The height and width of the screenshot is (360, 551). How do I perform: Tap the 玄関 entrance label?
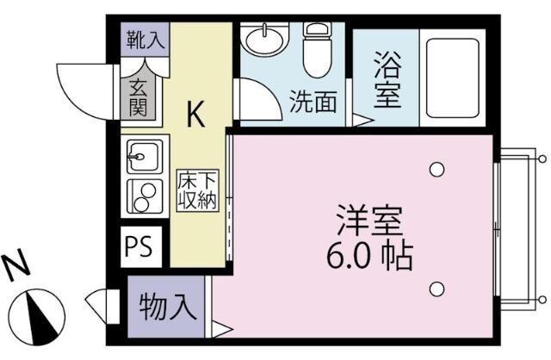(139, 96)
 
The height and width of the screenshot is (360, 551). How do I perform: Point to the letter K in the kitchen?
(195, 114)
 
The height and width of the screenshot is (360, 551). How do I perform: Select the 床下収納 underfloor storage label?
(197, 191)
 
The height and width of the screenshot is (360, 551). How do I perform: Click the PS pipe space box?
(138, 246)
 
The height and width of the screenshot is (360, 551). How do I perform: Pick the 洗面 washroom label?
(312, 102)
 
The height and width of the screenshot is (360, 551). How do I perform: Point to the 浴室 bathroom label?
(387, 82)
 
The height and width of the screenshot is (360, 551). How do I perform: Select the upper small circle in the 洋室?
(436, 169)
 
